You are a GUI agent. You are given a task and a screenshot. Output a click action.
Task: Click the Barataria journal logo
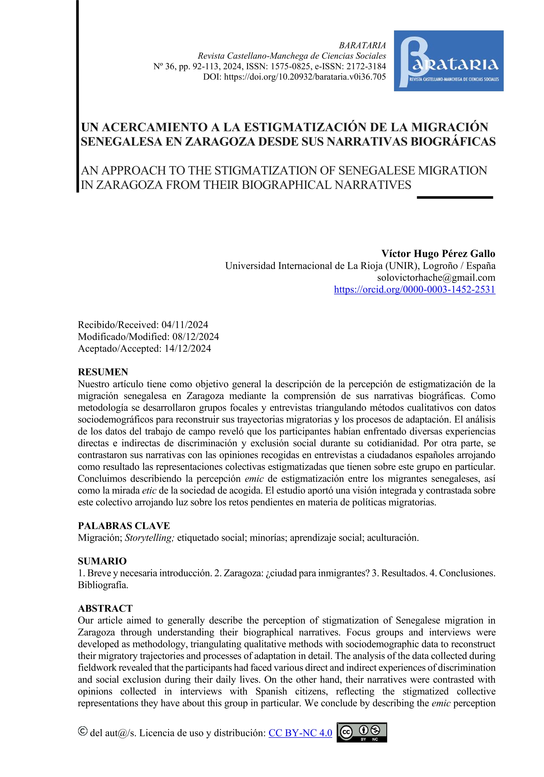click(x=448, y=61)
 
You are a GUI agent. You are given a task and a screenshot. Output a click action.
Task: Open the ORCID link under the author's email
click(x=414, y=290)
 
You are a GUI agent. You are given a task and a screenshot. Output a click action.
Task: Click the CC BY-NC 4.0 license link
click(x=300, y=733)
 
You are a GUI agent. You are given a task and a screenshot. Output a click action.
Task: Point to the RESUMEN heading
click(x=103, y=372)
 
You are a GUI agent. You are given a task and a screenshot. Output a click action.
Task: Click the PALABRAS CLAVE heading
click(x=124, y=526)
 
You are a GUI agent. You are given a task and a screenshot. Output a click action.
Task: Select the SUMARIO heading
click(x=102, y=561)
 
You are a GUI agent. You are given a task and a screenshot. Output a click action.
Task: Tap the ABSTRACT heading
click(x=105, y=608)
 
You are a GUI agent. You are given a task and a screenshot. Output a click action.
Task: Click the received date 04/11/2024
click(x=185, y=325)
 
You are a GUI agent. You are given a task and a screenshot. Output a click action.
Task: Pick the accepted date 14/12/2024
click(x=188, y=349)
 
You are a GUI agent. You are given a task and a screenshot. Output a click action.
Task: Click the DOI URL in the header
click(x=305, y=77)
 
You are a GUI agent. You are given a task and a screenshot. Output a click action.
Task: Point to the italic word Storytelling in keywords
click(x=149, y=538)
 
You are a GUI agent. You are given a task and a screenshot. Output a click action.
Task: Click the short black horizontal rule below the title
click(x=454, y=197)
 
